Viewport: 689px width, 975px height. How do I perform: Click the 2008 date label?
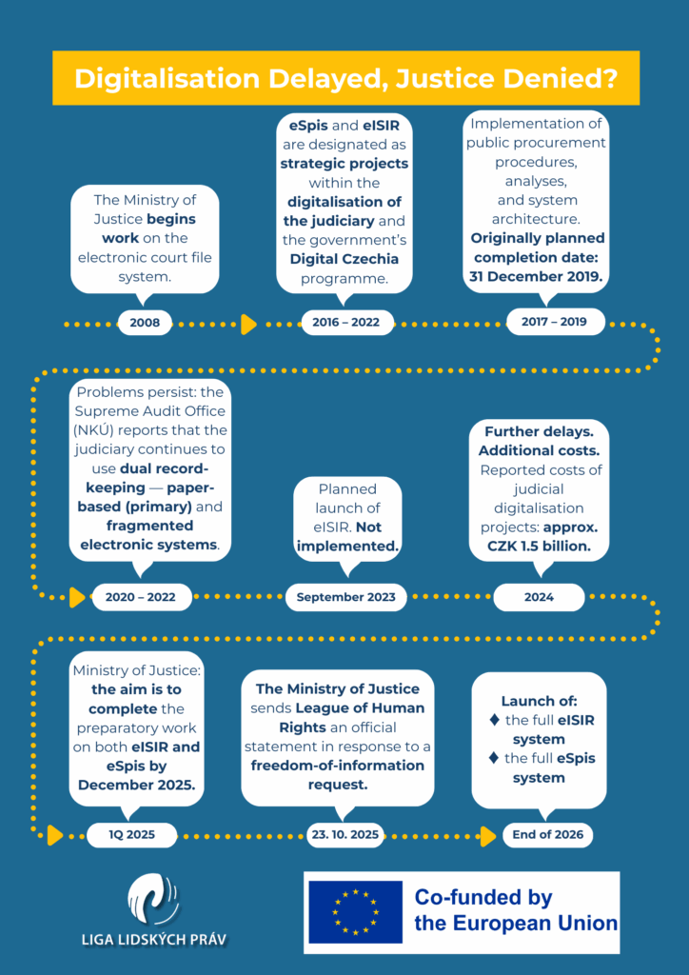click(x=146, y=323)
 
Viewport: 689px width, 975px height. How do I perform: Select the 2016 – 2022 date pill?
click(x=345, y=322)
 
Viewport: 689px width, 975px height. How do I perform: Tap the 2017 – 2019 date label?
click(x=555, y=322)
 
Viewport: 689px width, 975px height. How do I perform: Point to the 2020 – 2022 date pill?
click(x=141, y=597)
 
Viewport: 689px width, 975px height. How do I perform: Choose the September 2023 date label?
click(x=346, y=597)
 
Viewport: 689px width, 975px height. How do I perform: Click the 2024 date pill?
click(x=539, y=597)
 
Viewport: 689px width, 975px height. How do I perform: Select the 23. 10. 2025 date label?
click(x=344, y=835)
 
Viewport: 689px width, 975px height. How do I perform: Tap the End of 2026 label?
click(x=548, y=835)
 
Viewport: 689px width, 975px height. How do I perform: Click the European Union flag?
click(x=355, y=912)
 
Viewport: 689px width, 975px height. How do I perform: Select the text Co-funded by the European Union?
click(x=515, y=910)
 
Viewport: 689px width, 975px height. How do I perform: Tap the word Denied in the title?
click(x=542, y=79)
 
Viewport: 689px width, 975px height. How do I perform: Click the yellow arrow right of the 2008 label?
click(x=249, y=324)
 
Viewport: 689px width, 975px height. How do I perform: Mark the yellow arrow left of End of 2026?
click(x=488, y=836)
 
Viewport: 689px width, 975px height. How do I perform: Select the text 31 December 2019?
click(x=537, y=276)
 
